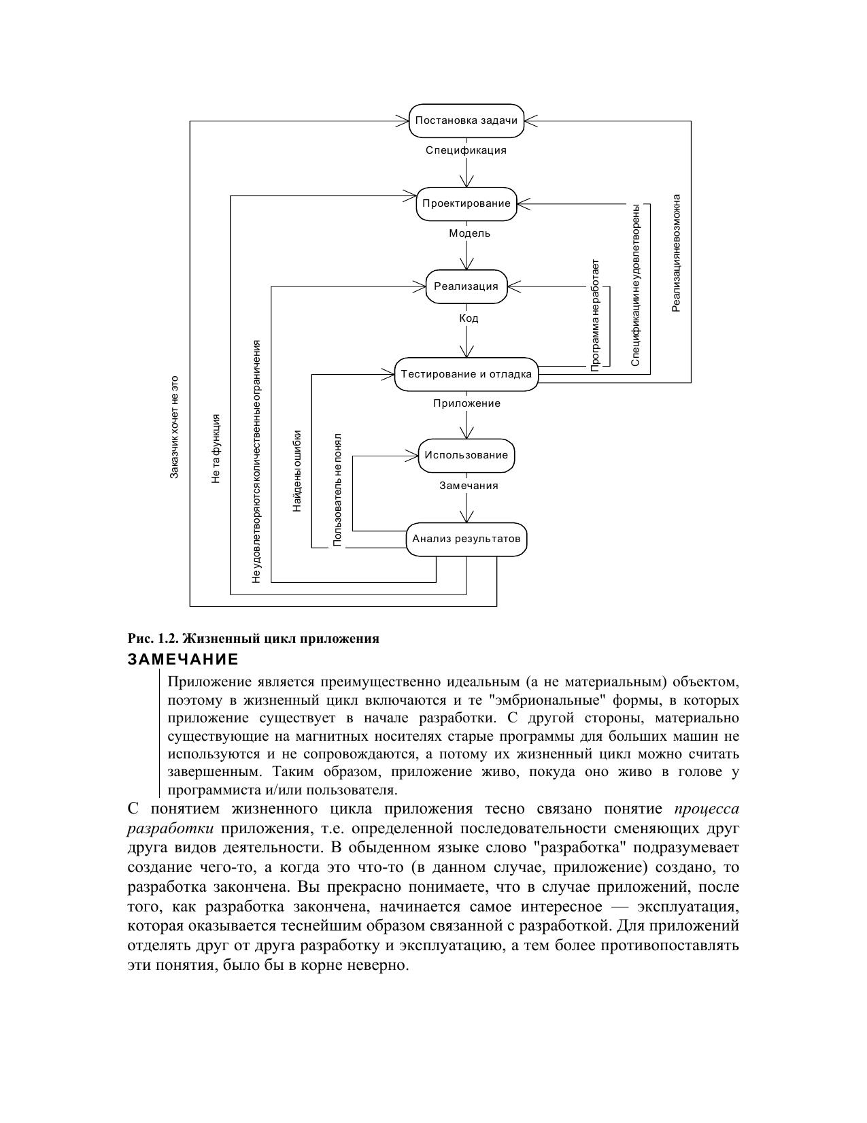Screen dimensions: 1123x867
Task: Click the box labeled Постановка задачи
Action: pos(466,120)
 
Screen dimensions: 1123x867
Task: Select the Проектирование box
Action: pos(466,203)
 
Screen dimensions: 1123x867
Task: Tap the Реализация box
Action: pos(466,286)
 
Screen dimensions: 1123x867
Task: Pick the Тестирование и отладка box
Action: pos(466,374)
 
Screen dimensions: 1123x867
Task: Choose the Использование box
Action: pos(466,455)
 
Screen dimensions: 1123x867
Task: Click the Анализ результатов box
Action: pos(466,539)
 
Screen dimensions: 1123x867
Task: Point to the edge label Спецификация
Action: pos(466,150)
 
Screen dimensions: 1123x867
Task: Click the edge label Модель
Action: pos(469,233)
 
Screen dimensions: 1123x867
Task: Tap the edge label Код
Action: pos(469,318)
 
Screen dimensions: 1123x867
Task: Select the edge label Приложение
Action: pos(467,403)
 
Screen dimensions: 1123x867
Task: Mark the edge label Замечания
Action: pos(469,486)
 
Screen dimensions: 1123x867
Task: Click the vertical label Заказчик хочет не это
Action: pos(174,426)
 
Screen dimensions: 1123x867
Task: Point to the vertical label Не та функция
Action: pos(216,448)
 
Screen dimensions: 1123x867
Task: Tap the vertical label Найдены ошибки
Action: pos(297,471)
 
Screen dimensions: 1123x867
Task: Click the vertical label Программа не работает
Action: pos(595,315)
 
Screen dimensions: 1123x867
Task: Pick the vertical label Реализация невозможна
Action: pos(676,253)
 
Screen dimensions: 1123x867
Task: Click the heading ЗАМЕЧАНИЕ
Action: pos(183,659)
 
